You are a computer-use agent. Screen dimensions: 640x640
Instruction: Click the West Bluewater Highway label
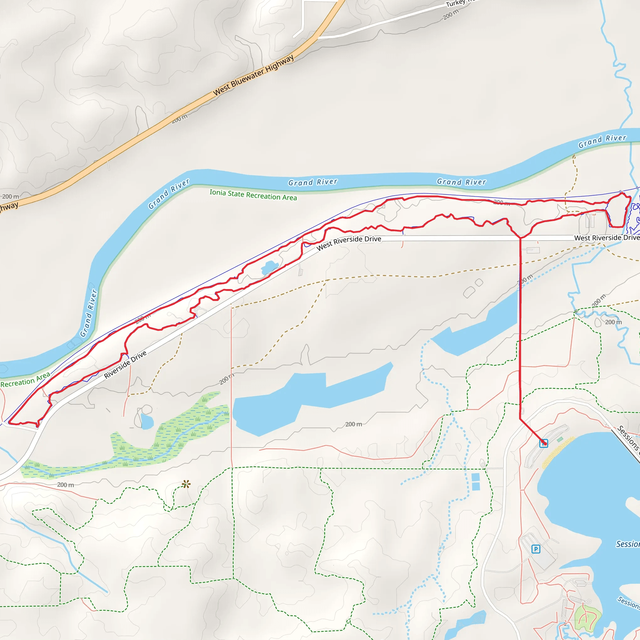(253, 76)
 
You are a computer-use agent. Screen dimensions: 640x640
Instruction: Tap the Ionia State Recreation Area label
(253, 195)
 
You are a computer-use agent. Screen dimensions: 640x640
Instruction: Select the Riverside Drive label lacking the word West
(125, 365)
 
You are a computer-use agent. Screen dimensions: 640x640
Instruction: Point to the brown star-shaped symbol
(186, 484)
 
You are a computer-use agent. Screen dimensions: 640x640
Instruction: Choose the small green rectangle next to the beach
(560, 440)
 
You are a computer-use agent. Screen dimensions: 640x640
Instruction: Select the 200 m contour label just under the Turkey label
(451, 14)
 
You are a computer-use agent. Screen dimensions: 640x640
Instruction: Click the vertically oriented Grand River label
(89, 313)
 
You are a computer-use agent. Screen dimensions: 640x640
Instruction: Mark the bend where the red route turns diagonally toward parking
(520, 419)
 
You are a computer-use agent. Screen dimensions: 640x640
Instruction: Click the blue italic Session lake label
(628, 544)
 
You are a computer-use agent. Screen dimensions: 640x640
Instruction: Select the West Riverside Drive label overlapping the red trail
(348, 243)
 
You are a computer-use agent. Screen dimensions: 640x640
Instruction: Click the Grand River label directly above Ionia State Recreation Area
(313, 182)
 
